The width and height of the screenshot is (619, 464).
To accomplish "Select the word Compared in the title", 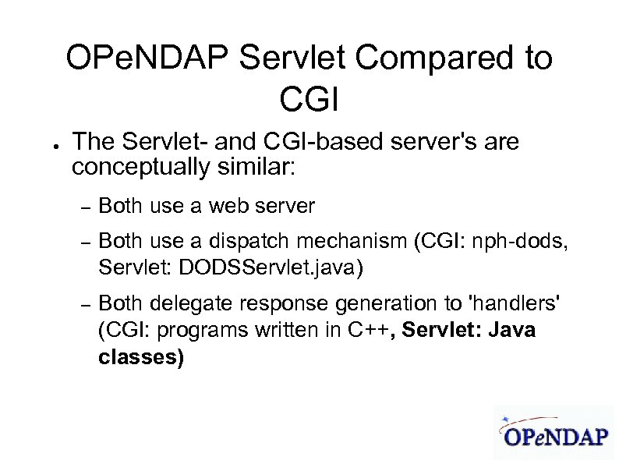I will (x=415, y=59).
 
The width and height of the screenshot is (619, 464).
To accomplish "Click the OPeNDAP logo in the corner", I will (x=554, y=432).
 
